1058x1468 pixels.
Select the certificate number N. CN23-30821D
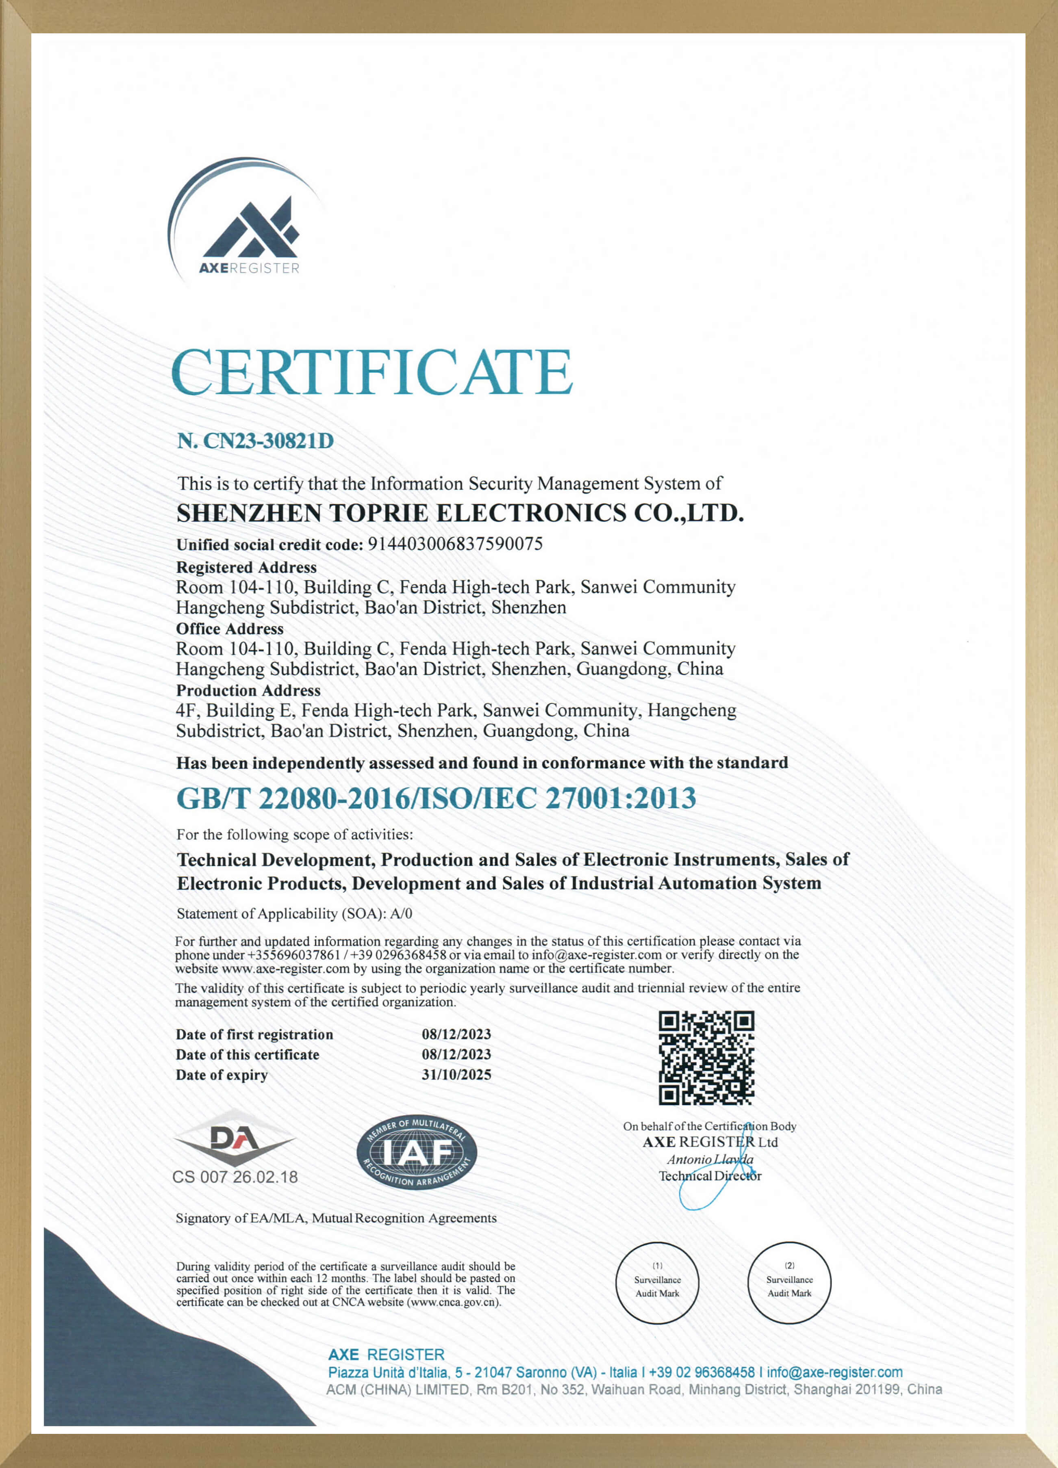(x=256, y=441)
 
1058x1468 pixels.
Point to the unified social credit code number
(x=455, y=544)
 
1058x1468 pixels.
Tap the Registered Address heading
(x=246, y=568)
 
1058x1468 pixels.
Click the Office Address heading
(x=230, y=629)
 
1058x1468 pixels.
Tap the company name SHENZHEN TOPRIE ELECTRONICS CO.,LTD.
(x=460, y=513)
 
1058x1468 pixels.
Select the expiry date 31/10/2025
(x=456, y=1075)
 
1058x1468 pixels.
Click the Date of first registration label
(x=254, y=1034)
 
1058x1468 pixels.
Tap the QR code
(x=706, y=1058)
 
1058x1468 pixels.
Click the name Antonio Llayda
(x=710, y=1159)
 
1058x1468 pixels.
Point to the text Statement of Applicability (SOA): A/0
(x=295, y=914)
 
